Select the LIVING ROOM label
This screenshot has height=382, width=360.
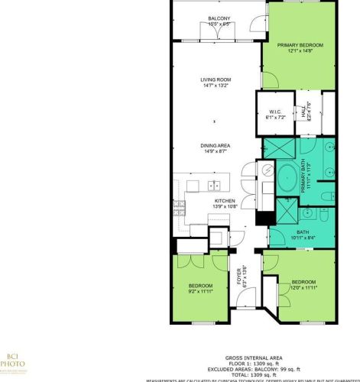pos(216,80)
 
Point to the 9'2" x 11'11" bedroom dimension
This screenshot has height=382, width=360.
pos(199,291)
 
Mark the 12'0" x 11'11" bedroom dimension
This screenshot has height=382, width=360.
pos(303,289)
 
